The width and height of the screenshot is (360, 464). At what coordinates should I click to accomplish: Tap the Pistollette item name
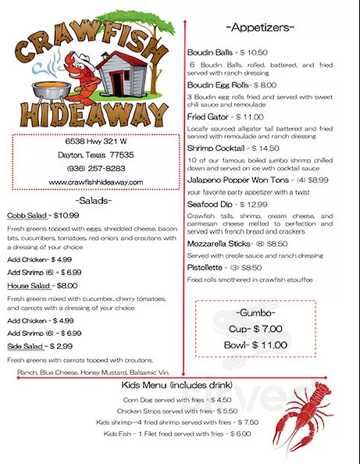[x=205, y=267]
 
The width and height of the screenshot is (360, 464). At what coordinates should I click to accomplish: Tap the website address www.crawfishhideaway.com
[x=96, y=181]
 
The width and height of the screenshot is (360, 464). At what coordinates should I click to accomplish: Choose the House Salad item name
[x=27, y=286]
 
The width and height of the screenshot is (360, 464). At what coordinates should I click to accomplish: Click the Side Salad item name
[x=24, y=345]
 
